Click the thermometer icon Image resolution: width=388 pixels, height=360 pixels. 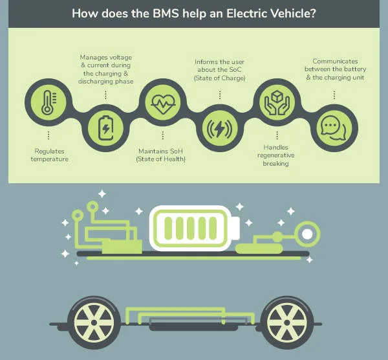coord(48,102)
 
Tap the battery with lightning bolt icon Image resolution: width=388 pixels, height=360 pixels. coord(105,128)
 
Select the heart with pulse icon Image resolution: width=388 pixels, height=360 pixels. coord(163,104)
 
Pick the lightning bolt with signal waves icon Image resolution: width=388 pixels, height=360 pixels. coord(219,128)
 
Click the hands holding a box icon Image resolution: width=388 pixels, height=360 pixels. coord(277,102)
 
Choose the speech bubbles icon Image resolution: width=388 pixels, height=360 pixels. coord(334,128)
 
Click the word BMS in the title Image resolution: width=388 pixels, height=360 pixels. coord(166,14)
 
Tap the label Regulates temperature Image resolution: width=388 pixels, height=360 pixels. coord(50,155)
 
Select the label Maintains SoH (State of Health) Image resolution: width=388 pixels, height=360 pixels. coord(160,155)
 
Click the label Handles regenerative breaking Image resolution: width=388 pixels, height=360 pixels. coord(276,155)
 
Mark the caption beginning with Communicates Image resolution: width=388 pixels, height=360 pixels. coord(335,69)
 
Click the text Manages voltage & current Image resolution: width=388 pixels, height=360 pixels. coord(105,62)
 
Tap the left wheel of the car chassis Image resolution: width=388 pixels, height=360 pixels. coord(94,322)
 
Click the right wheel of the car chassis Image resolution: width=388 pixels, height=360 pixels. coord(287,322)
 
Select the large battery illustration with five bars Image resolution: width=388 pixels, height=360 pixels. coord(195,228)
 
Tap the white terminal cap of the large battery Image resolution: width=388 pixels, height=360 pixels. coord(236,228)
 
